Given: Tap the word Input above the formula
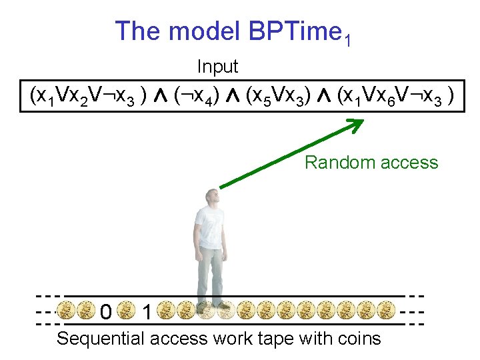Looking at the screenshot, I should coord(217,67).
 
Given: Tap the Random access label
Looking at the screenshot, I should coord(371,163).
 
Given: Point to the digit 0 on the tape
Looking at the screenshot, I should coord(105,311).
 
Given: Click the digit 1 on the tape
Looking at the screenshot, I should coord(146,311).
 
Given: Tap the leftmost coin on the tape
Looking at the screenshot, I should coord(65,311).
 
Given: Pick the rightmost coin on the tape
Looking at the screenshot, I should coord(385,311).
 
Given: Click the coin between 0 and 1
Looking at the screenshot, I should coord(125,311).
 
